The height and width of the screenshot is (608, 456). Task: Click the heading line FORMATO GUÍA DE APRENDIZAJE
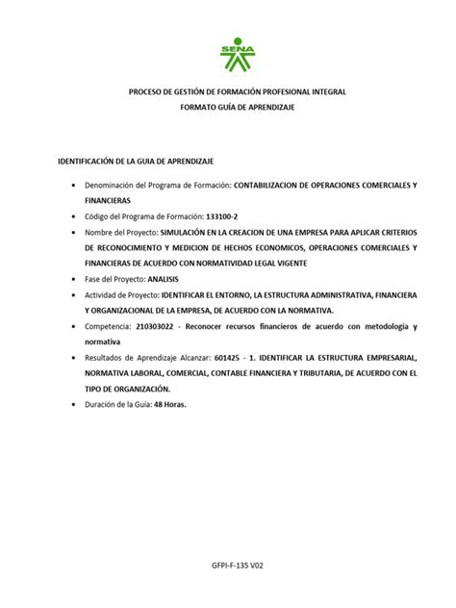[x=237, y=107]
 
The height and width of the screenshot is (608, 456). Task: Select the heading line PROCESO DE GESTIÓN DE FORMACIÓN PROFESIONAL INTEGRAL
[x=237, y=91]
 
